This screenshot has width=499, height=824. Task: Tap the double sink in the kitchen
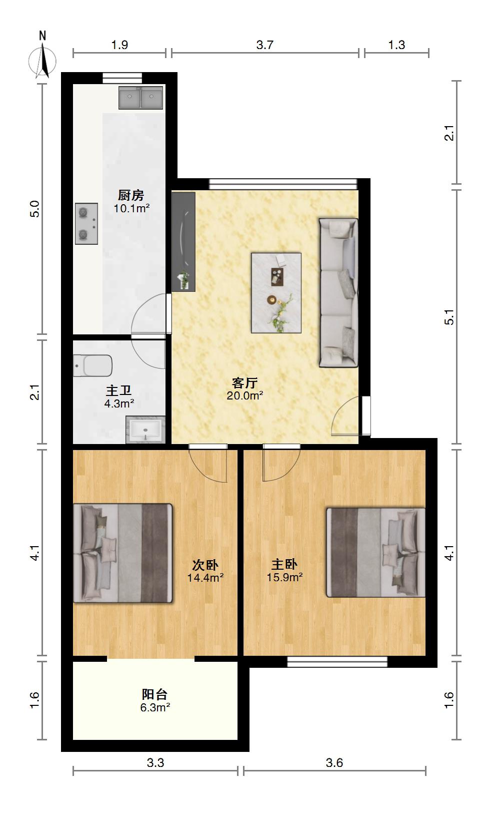[140, 98]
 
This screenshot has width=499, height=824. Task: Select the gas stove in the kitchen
[86, 224]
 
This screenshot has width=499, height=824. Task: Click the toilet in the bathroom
[92, 365]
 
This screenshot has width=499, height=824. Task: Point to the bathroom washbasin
[145, 430]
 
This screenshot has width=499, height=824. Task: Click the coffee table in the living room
[276, 293]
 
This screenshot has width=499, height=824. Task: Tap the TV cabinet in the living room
[183, 242]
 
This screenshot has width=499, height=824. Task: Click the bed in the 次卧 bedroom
[122, 553]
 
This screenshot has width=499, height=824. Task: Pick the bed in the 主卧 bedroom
[376, 553]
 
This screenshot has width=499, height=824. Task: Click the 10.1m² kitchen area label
[131, 209]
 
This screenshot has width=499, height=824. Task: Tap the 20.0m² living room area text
[244, 396]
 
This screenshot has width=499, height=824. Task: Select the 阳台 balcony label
[154, 694]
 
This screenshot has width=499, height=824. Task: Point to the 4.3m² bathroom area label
[119, 404]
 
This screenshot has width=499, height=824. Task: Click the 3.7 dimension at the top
[264, 45]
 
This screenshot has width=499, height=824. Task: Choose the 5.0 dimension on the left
[34, 209]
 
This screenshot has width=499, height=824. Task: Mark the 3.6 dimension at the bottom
[334, 763]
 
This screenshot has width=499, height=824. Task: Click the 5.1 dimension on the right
[449, 317]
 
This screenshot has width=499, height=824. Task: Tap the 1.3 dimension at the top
[396, 45]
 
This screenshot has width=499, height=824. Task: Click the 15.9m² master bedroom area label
[285, 577]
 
